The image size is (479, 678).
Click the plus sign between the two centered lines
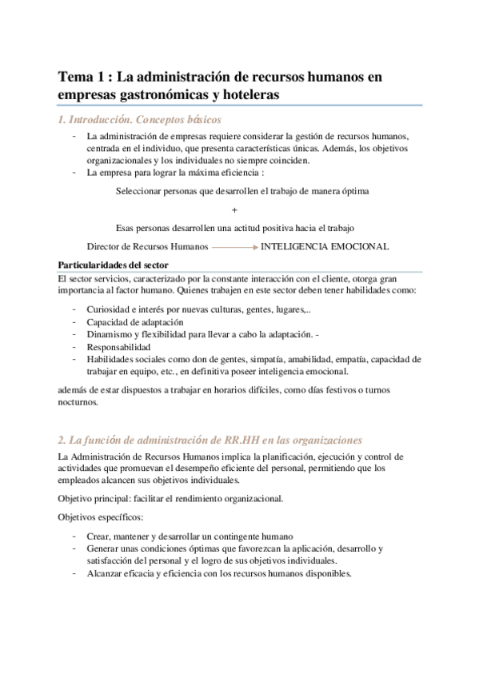234,209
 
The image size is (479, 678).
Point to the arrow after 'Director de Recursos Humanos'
234,247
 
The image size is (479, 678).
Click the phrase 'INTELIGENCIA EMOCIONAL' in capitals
325,247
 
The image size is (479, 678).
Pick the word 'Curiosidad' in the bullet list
110,309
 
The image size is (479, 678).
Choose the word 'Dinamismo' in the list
110,335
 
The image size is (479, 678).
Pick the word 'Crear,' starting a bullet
98,536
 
